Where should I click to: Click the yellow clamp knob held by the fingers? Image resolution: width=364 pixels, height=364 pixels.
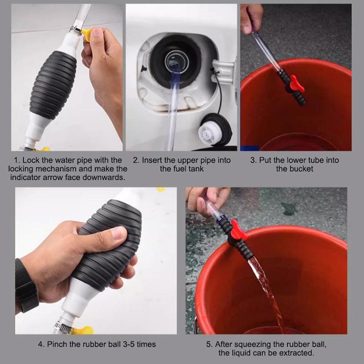(87, 35)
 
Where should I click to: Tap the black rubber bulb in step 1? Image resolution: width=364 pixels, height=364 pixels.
(53, 85)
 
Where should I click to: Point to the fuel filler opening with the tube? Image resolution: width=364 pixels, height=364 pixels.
(177, 61)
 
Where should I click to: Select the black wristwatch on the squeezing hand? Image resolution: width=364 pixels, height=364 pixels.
(26, 286)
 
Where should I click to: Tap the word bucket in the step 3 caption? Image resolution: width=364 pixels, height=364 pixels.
(301, 169)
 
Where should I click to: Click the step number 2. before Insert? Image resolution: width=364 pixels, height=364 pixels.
(136, 160)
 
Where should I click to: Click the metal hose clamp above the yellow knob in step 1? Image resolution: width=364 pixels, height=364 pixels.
(76, 29)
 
